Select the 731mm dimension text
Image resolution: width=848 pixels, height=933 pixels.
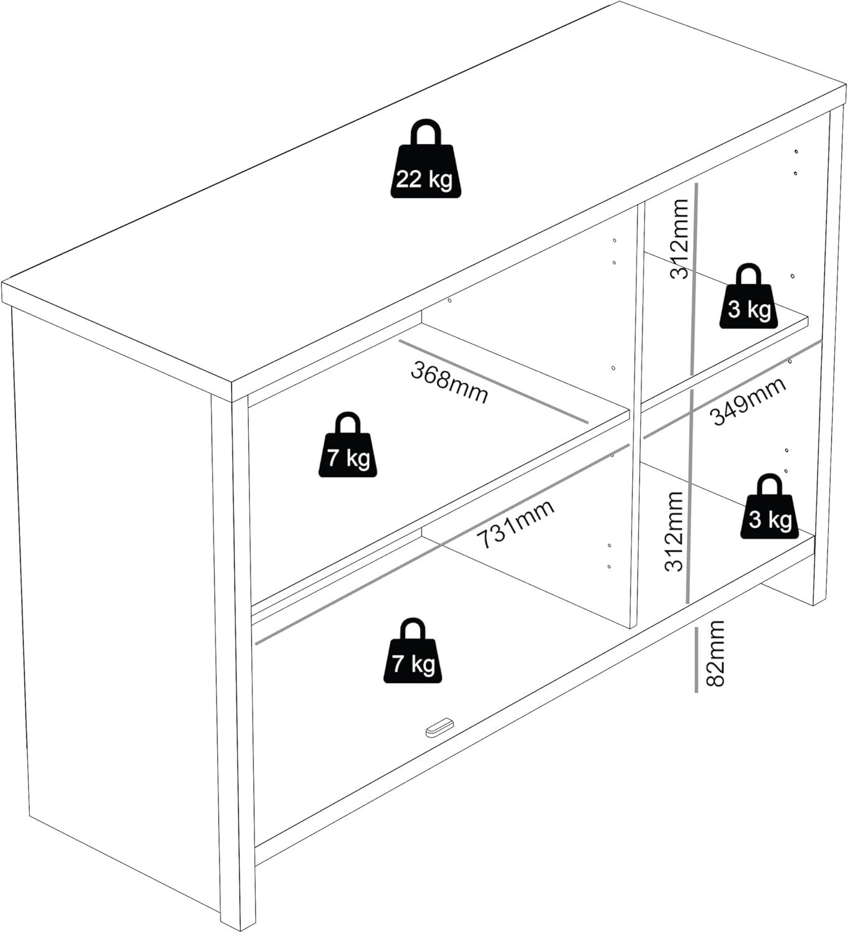pyautogui.click(x=515, y=524)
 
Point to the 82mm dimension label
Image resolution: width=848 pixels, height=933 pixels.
pyautogui.click(x=715, y=653)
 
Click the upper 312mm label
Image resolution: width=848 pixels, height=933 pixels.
pyautogui.click(x=679, y=239)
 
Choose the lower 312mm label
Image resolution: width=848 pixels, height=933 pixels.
pyautogui.click(x=673, y=531)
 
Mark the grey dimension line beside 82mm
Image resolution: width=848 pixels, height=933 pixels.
pyautogui.click(x=696, y=660)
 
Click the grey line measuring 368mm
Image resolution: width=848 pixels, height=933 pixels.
pyautogui.click(x=493, y=381)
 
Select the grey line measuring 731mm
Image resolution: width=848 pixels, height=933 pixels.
pyautogui.click(x=442, y=544)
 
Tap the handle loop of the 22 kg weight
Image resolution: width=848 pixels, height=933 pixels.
pyautogui.click(x=426, y=132)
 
